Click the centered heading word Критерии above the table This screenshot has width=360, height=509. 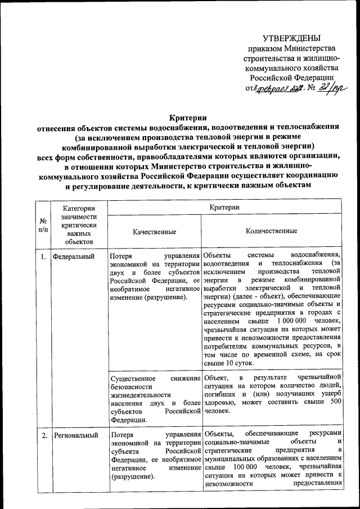pos(188,118)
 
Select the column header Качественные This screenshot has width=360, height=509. pos(154,231)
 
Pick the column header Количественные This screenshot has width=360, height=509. pos(272,231)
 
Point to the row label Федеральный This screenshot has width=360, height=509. pos(74,256)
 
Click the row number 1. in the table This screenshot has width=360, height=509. pos(43,256)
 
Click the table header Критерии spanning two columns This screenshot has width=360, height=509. pos(225,208)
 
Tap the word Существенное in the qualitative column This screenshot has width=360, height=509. pos(134,377)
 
